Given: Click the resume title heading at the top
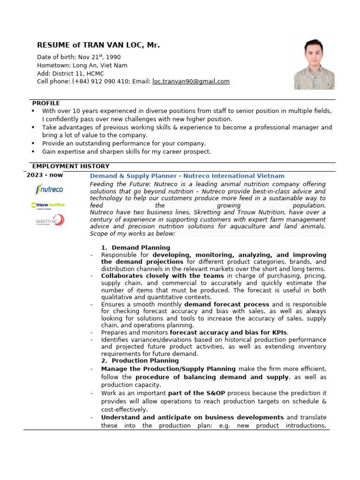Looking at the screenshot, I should point(98,45).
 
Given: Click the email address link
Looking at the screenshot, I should point(191,82).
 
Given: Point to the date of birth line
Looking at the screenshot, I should point(79,57).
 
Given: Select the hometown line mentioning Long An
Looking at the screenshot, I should point(82,66).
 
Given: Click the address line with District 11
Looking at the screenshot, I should point(70,74).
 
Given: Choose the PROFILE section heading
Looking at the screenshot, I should point(46,103).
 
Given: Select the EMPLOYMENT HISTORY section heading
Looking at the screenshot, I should point(70,166).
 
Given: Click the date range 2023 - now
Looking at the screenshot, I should point(45,175).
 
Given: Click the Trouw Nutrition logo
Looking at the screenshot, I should point(48,205).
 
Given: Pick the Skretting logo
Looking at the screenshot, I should point(50,220).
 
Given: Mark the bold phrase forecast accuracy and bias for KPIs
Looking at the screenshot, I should point(229,332).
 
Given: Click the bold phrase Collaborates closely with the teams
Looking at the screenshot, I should point(162,276).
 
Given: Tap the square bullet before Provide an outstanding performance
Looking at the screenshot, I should point(33,143).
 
